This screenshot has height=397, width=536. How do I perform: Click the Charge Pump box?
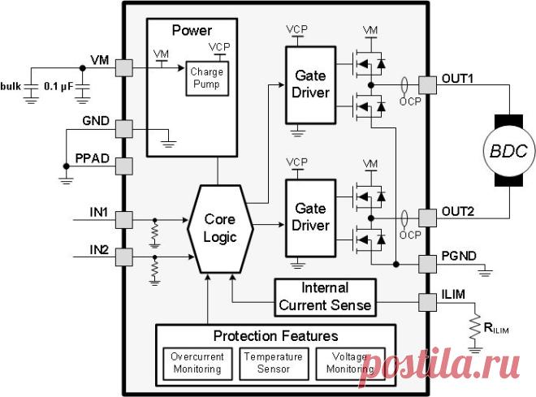(207, 79)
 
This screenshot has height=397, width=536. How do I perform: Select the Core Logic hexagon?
(220, 229)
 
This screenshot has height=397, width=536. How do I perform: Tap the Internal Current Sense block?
(325, 298)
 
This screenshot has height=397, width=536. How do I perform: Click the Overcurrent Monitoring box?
(197, 364)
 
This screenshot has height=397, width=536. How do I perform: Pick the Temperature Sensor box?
(274, 364)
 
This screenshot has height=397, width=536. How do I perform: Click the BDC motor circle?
(508, 151)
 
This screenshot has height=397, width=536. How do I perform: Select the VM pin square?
(123, 68)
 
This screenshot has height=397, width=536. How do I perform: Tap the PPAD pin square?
(123, 166)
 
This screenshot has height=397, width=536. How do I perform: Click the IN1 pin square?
(123, 220)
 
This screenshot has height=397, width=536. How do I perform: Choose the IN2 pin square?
(123, 257)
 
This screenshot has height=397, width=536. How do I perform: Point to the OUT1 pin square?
(428, 85)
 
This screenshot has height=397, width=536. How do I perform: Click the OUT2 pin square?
(428, 218)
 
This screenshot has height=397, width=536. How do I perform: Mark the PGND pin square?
(428, 264)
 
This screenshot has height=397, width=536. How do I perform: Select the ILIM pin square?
(428, 302)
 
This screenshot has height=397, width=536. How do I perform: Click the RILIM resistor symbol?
(475, 328)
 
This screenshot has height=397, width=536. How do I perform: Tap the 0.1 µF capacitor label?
(58, 87)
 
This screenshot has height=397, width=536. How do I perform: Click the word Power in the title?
(192, 30)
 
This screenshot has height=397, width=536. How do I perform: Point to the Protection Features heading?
(276, 336)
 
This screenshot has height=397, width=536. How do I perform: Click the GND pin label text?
(96, 121)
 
